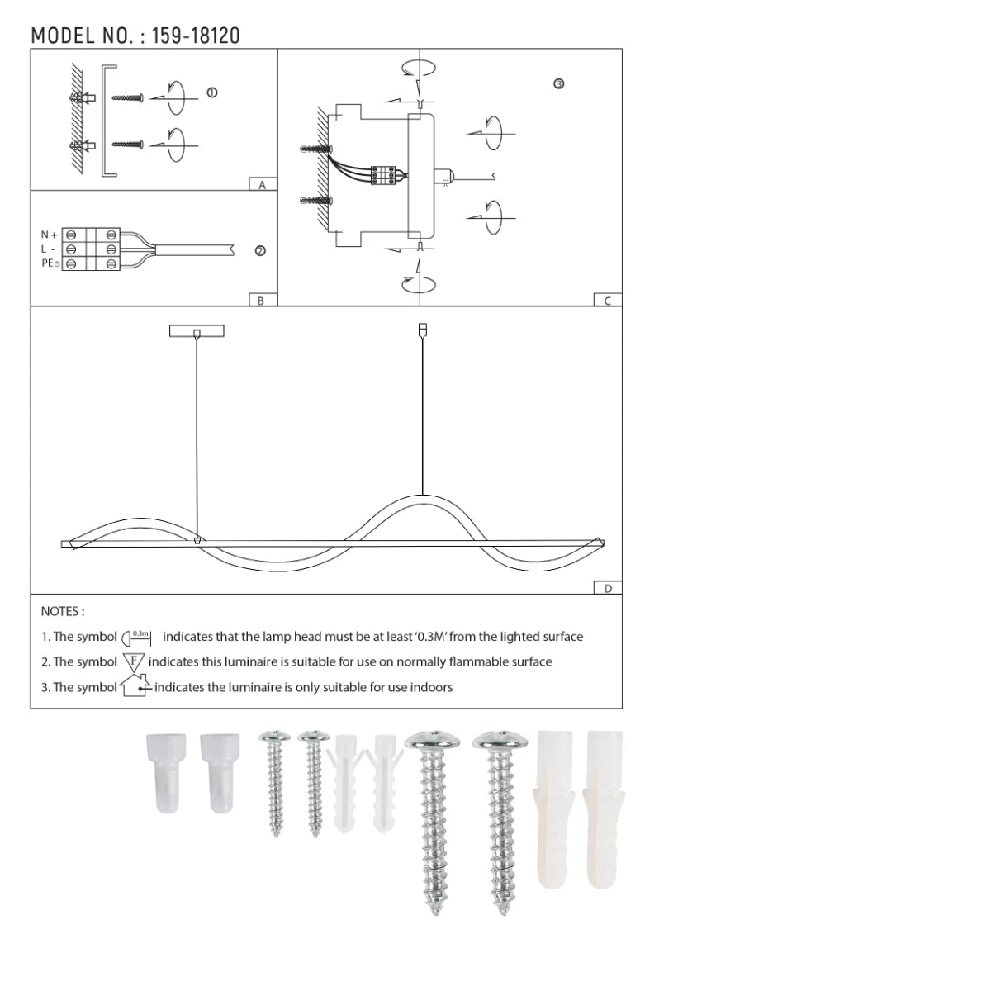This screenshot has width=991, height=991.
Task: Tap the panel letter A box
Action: pos(263,185)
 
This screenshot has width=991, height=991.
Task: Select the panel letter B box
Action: pos(261,301)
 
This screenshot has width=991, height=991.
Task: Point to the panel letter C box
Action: pos(608,301)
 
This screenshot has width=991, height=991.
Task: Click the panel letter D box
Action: pos(608,589)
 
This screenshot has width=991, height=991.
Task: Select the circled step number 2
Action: pos(260,251)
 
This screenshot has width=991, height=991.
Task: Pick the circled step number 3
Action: pos(559,84)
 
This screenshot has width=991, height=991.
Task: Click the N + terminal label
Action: pos(49,235)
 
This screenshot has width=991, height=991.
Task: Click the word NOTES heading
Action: pos(62,612)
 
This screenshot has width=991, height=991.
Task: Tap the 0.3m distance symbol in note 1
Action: pos(137,637)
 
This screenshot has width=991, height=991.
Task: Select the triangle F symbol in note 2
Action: pos(134,661)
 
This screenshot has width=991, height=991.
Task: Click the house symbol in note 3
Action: pos(134,686)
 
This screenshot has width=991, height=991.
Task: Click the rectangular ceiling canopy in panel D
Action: pos(197,331)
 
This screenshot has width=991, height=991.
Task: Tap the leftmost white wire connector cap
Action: pos(165,773)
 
